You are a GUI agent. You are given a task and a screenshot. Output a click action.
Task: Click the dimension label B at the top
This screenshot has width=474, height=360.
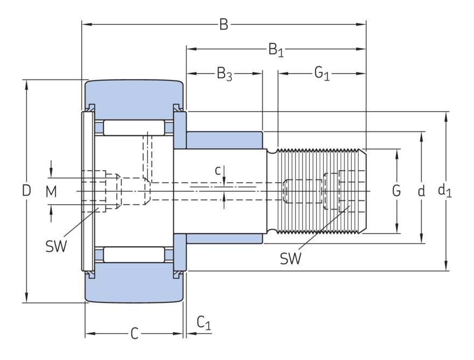pyautogui.click(x=224, y=24)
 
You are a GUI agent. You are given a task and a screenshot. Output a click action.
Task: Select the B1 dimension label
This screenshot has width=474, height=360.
pyautogui.click(x=276, y=50)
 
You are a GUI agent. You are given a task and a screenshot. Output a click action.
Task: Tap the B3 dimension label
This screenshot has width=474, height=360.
pyautogui.click(x=224, y=74)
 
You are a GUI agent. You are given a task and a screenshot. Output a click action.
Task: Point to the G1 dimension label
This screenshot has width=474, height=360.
pyautogui.click(x=322, y=74)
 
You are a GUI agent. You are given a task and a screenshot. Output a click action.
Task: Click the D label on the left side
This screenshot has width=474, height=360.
pyautogui.click(x=26, y=190)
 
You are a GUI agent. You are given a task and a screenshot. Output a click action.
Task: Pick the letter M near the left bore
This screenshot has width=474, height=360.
pyautogui.click(x=51, y=191)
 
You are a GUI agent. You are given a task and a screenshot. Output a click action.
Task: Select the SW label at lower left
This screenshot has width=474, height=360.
pyautogui.click(x=56, y=246)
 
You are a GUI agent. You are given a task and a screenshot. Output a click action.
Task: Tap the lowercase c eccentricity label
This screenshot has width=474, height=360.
pyautogui.click(x=218, y=171)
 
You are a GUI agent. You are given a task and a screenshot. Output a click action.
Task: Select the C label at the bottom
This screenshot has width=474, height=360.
pyautogui.click(x=135, y=334)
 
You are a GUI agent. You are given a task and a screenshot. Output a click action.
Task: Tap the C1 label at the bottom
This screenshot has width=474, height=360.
pyautogui.click(x=204, y=323)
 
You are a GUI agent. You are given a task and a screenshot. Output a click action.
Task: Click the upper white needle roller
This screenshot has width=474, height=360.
pyautogui.click(x=134, y=128)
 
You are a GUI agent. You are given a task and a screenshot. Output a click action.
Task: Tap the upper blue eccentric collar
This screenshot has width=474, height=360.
pyautogui.click(x=224, y=140)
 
